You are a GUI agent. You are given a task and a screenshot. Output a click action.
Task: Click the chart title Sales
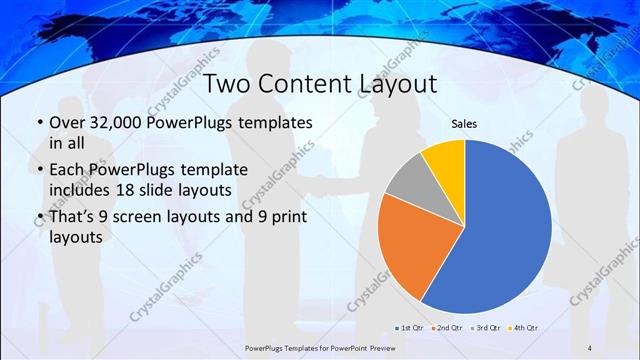[x=464, y=124]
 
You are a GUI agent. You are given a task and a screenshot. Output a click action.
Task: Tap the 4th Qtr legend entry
[x=524, y=328]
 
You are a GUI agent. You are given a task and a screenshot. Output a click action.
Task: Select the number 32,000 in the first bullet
[x=119, y=123]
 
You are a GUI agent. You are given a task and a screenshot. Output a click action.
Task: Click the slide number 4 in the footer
[x=589, y=347]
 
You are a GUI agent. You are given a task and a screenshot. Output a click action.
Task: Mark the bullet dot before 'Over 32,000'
[x=39, y=123]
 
